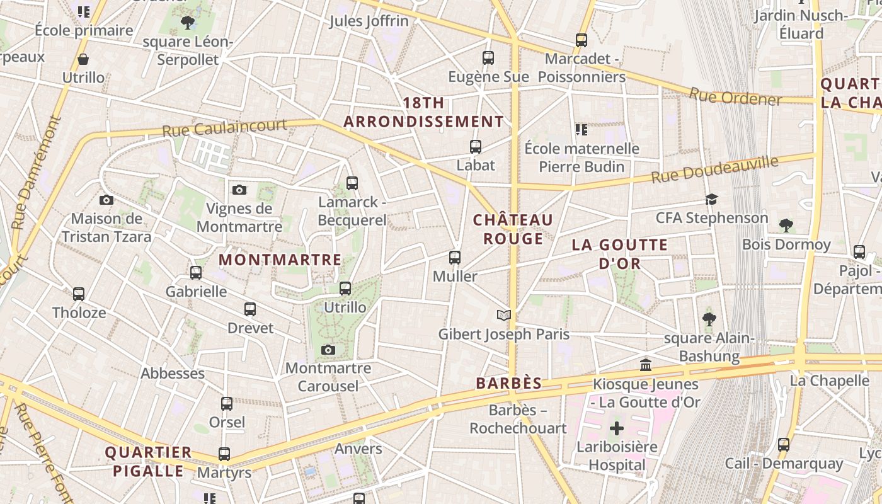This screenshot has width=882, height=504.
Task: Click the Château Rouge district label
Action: pyautogui.click(x=513, y=229)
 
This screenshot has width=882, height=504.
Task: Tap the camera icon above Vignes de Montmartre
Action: pyautogui.click(x=239, y=190)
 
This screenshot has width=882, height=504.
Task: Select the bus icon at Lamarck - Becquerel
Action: pyautogui.click(x=352, y=183)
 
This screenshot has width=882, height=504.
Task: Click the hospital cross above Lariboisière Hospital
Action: pyautogui.click(x=617, y=429)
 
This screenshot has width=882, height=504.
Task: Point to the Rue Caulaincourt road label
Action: pyautogui.click(x=224, y=128)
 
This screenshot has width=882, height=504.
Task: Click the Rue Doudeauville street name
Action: pyautogui.click(x=714, y=169)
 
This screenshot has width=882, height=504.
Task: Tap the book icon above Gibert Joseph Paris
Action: pyautogui.click(x=503, y=315)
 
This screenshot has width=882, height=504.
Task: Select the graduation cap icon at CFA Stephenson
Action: pyautogui.click(x=712, y=200)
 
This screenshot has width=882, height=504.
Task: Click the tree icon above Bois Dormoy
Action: pyautogui.click(x=786, y=225)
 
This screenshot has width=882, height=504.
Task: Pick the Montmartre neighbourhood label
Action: pyautogui.click(x=280, y=260)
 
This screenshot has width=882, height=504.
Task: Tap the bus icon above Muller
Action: pyautogui.click(x=455, y=257)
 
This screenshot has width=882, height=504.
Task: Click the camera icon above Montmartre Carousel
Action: pyautogui.click(x=328, y=350)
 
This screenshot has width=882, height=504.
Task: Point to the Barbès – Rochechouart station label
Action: pyautogui.click(x=518, y=420)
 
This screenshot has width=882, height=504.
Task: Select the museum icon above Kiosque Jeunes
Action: pyautogui.click(x=646, y=365)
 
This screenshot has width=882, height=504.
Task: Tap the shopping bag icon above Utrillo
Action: pyautogui.click(x=83, y=60)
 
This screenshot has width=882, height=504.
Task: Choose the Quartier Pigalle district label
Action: pyautogui.click(x=148, y=461)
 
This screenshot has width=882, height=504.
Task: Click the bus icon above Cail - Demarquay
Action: pyautogui.click(x=784, y=444)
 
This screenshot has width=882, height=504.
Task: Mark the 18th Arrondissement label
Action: pyautogui.click(x=423, y=112)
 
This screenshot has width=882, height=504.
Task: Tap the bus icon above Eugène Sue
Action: pyautogui.click(x=488, y=58)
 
